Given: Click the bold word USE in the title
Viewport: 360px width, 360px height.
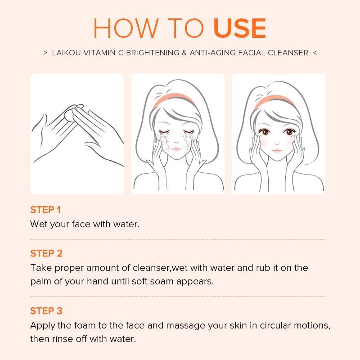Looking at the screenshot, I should [239, 29].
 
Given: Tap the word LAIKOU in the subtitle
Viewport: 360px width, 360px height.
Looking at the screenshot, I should [67, 53].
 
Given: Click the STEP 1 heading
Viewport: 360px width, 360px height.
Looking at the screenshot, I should [45, 210].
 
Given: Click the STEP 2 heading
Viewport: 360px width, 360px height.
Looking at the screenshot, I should [46, 253].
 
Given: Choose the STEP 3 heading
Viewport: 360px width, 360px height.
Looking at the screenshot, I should [46, 311].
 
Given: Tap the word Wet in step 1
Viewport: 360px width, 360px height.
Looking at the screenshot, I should [38, 224].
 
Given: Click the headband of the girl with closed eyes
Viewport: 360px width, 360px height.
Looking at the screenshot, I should [173, 100].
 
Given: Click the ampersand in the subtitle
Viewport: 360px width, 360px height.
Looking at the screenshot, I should [183, 53].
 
